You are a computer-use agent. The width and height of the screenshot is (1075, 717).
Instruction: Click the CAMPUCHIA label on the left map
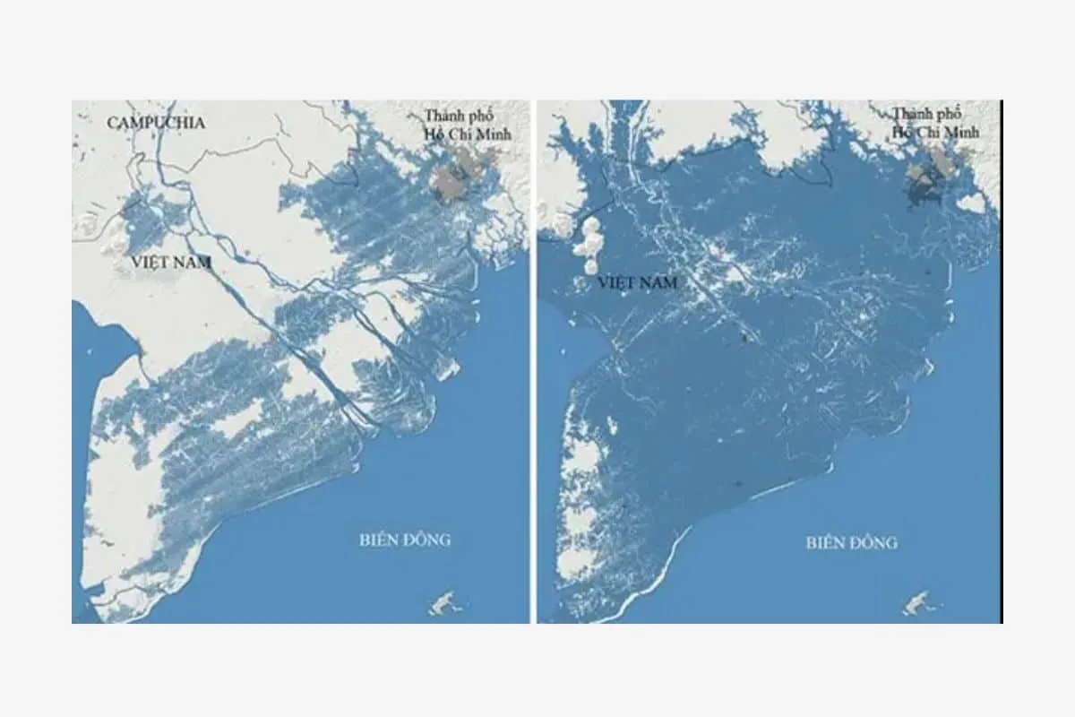[x=156, y=123]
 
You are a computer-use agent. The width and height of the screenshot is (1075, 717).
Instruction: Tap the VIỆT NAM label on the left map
[x=170, y=262]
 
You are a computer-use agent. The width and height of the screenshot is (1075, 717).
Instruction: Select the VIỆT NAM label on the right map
[x=637, y=283]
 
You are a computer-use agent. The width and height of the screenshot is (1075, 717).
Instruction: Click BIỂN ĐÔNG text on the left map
[x=405, y=540]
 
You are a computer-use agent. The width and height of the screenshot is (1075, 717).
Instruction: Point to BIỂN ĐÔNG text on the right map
[x=851, y=542]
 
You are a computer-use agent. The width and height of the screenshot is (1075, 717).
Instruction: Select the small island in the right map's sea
[x=916, y=604]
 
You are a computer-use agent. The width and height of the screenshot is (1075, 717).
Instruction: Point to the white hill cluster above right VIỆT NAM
[x=591, y=244]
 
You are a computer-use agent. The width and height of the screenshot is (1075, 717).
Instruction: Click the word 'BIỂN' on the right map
[x=825, y=542]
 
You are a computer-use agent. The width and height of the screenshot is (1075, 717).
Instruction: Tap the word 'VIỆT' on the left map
[x=150, y=262]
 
